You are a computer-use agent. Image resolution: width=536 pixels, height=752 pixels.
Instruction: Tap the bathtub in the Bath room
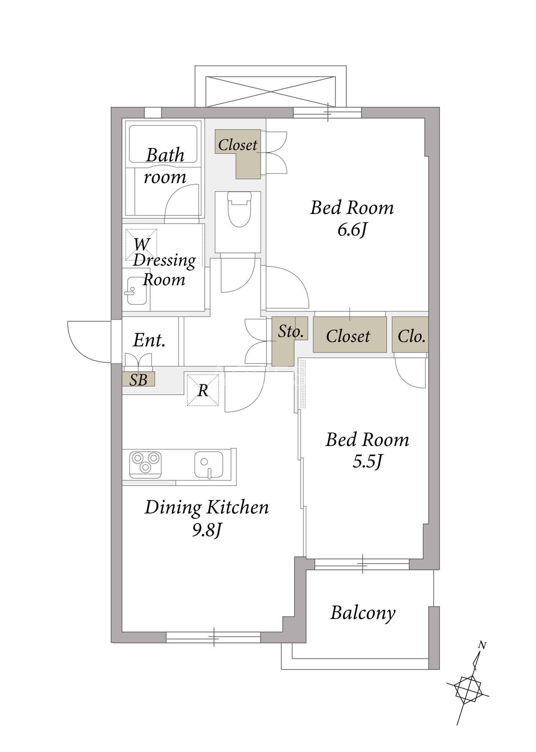pyautogui.click(x=163, y=144)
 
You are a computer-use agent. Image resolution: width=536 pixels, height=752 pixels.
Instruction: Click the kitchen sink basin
pyautogui.click(x=209, y=465)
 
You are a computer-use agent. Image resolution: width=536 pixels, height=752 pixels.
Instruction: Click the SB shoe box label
pyautogui.click(x=138, y=380)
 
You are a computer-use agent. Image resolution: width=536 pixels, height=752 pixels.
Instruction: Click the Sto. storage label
pyautogui.click(x=290, y=331)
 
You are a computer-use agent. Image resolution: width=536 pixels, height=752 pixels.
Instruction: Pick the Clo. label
pyautogui.click(x=411, y=336)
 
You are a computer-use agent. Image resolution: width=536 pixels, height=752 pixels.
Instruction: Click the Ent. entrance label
pyautogui.click(x=149, y=340)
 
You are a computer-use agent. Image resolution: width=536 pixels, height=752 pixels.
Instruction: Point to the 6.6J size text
pyautogui.click(x=352, y=230)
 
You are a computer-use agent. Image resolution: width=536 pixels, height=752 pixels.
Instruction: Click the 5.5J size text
pyautogui.click(x=367, y=461)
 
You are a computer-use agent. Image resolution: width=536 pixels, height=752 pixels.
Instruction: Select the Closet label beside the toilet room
pyautogui.click(x=238, y=145)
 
